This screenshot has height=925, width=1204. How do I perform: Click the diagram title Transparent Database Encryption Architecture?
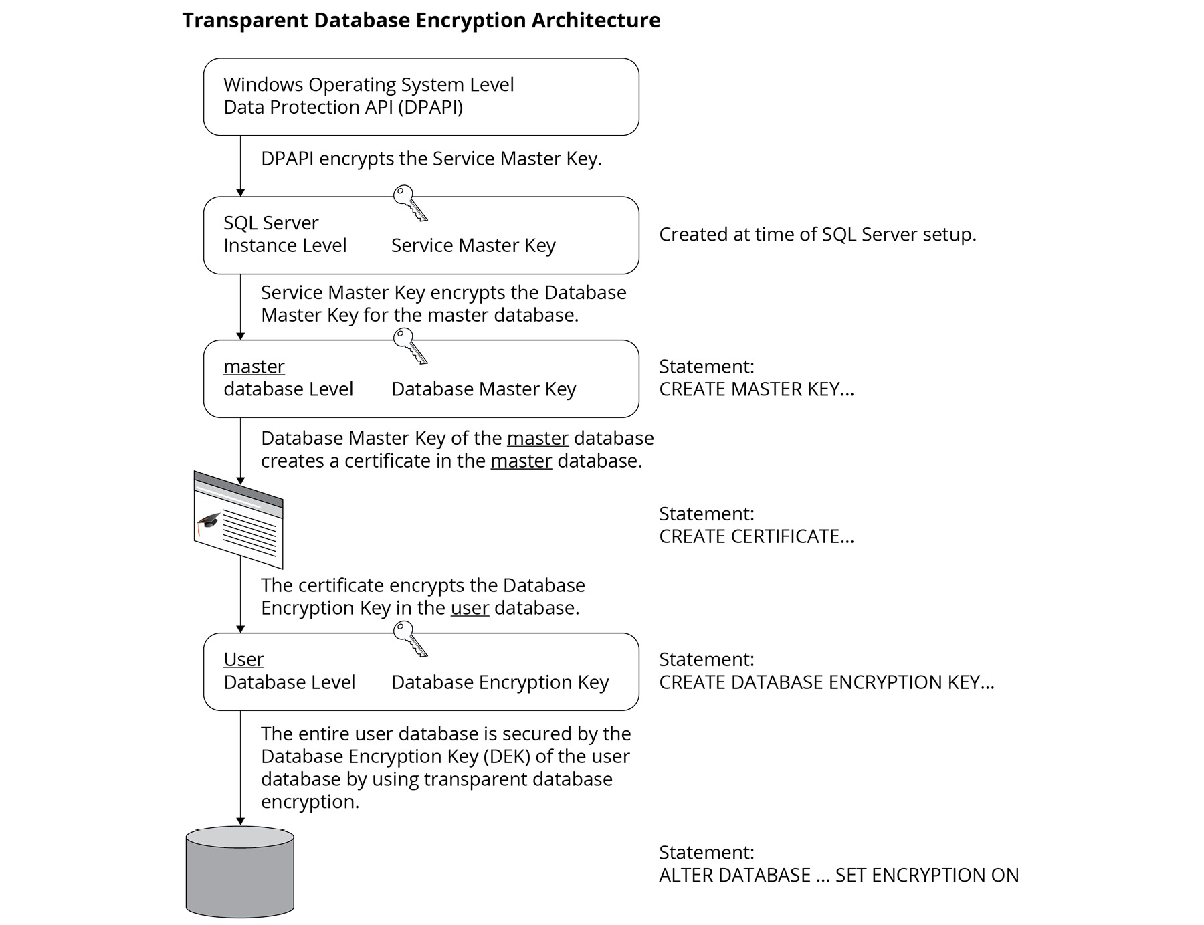click(421, 21)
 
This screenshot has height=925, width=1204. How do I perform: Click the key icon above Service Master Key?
click(409, 203)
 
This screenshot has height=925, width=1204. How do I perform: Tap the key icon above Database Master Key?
click(409, 346)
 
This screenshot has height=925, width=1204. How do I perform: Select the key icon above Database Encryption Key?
click(409, 639)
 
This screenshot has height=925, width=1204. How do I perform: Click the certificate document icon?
click(239, 520)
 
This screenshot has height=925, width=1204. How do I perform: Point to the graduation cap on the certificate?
click(209, 521)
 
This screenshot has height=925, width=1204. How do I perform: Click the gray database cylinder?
click(239, 872)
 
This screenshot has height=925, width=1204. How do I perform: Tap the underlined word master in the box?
click(254, 367)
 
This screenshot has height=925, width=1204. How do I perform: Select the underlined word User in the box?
click(243, 659)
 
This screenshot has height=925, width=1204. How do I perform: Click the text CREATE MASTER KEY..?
click(756, 389)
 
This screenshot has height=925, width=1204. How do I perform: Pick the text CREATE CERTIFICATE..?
click(756, 536)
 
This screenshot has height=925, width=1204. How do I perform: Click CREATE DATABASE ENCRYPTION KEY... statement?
click(826, 682)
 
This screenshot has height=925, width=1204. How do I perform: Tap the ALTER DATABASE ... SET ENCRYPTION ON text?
click(838, 875)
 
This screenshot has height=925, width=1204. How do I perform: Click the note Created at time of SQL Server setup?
click(817, 235)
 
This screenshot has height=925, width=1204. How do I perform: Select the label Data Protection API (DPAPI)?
click(342, 107)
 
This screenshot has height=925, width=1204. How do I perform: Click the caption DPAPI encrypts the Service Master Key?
click(431, 159)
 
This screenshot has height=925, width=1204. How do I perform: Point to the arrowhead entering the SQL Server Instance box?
click(241, 193)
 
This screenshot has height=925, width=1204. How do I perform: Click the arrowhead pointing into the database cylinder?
click(241, 821)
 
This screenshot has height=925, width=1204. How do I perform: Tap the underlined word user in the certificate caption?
click(470, 608)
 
